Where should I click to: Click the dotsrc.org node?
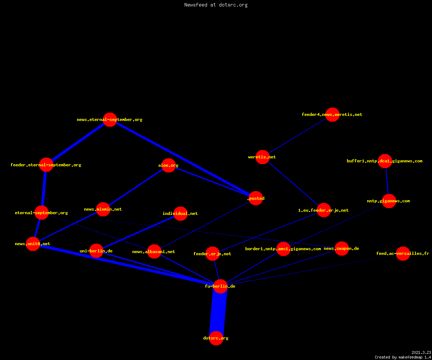click(216, 338)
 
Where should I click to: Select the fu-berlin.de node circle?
click(220, 286)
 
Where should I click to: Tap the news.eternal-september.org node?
click(110, 120)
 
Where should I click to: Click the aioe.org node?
click(168, 165)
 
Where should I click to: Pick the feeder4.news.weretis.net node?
click(333, 114)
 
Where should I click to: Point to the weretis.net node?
click(262, 157)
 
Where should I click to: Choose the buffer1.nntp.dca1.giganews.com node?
click(385, 161)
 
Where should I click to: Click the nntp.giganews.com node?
click(389, 201)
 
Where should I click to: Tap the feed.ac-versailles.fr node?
click(403, 253)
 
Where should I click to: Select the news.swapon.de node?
click(342, 248)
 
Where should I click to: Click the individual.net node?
click(181, 213)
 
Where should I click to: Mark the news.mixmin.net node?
click(103, 209)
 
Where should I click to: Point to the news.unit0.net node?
click(33, 244)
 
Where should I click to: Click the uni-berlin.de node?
click(96, 251)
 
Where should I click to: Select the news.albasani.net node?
click(154, 252)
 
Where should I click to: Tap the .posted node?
click(256, 198)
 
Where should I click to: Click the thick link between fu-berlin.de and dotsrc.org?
click(218, 312)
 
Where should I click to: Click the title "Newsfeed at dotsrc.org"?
click(216, 5)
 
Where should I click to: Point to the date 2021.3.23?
click(421, 352)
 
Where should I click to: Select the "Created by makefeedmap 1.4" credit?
click(403, 357)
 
